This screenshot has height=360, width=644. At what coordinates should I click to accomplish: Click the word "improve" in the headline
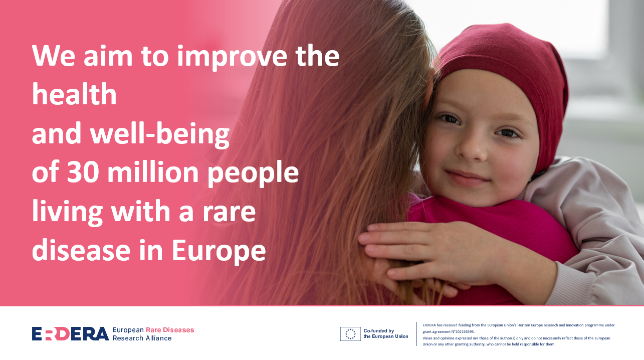(x=232, y=57)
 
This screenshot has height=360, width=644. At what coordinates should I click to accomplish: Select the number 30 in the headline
(x=83, y=172)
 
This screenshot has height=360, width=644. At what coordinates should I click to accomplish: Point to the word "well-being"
(x=160, y=134)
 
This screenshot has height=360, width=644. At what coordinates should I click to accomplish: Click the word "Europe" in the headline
(x=219, y=251)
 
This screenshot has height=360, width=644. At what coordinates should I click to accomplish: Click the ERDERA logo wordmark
(x=70, y=333)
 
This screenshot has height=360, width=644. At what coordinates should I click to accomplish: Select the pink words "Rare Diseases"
(x=170, y=330)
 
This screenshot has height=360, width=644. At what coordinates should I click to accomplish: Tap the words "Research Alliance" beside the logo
(x=142, y=338)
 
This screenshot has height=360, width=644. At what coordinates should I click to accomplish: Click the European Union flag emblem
(x=350, y=334)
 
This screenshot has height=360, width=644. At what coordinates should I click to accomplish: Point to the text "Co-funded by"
(x=379, y=331)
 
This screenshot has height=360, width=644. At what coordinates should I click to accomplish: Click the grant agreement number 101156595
(x=465, y=331)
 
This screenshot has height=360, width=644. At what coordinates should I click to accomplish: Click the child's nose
(x=472, y=146)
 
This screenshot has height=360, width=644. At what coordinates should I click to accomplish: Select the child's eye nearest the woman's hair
(x=450, y=119)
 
